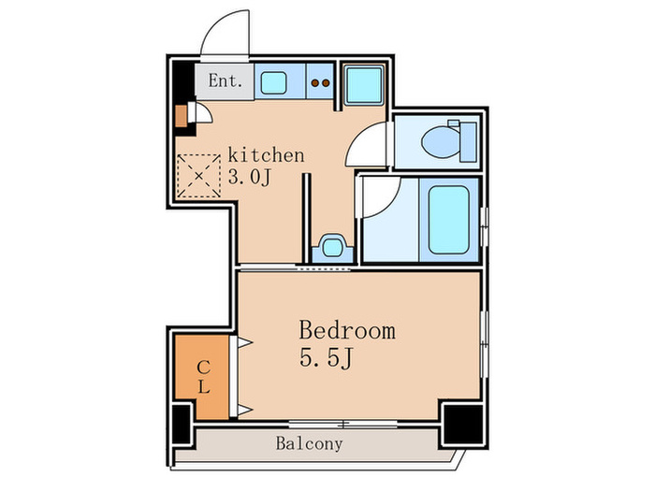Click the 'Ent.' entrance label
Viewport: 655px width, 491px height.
click(226, 81)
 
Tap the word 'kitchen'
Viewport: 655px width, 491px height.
click(266, 155)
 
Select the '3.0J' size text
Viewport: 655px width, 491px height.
click(250, 178)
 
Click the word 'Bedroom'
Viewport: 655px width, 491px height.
click(347, 330)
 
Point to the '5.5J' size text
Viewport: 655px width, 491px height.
click(327, 358)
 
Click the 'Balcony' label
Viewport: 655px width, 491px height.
click(309, 443)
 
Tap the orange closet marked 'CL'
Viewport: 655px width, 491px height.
click(203, 377)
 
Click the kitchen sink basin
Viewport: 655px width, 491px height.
click(273, 82)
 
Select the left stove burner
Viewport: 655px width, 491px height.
click(315, 83)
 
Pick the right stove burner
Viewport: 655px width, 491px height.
click(326, 83)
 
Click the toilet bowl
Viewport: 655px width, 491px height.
click(441, 142)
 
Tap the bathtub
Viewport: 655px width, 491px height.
click(448, 220)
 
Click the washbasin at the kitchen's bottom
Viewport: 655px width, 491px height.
click(332, 248)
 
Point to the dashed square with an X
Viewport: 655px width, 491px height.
click(198, 176)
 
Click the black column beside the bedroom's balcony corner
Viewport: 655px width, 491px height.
click(463, 424)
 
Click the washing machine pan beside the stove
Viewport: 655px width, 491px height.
click(364, 85)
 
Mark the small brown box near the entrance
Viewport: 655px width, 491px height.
click(181, 116)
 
